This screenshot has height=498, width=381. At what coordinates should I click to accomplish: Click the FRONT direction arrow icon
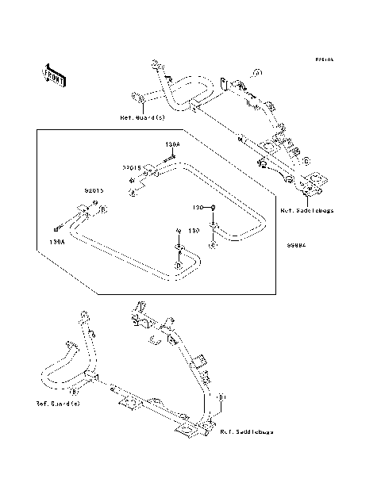point(55,75)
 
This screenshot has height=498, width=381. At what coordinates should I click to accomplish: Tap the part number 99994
point(297,245)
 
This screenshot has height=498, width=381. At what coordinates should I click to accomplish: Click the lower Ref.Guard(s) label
point(58,404)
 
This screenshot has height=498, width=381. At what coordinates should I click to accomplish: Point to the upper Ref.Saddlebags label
point(306,211)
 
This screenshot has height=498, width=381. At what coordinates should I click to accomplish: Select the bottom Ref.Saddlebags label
point(246,432)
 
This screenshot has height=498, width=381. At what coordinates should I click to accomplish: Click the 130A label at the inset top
point(173,144)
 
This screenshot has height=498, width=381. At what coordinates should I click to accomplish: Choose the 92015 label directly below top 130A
point(132,167)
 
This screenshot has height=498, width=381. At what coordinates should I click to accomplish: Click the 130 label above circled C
point(199,206)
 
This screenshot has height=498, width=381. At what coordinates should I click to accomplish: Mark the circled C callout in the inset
point(212,246)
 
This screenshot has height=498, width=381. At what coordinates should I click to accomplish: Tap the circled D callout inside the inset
point(179,264)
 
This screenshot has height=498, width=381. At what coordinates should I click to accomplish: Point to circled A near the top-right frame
point(257,73)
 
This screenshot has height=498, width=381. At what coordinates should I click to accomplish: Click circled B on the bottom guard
point(73,391)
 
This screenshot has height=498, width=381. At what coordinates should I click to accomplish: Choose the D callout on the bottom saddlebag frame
point(223,396)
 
